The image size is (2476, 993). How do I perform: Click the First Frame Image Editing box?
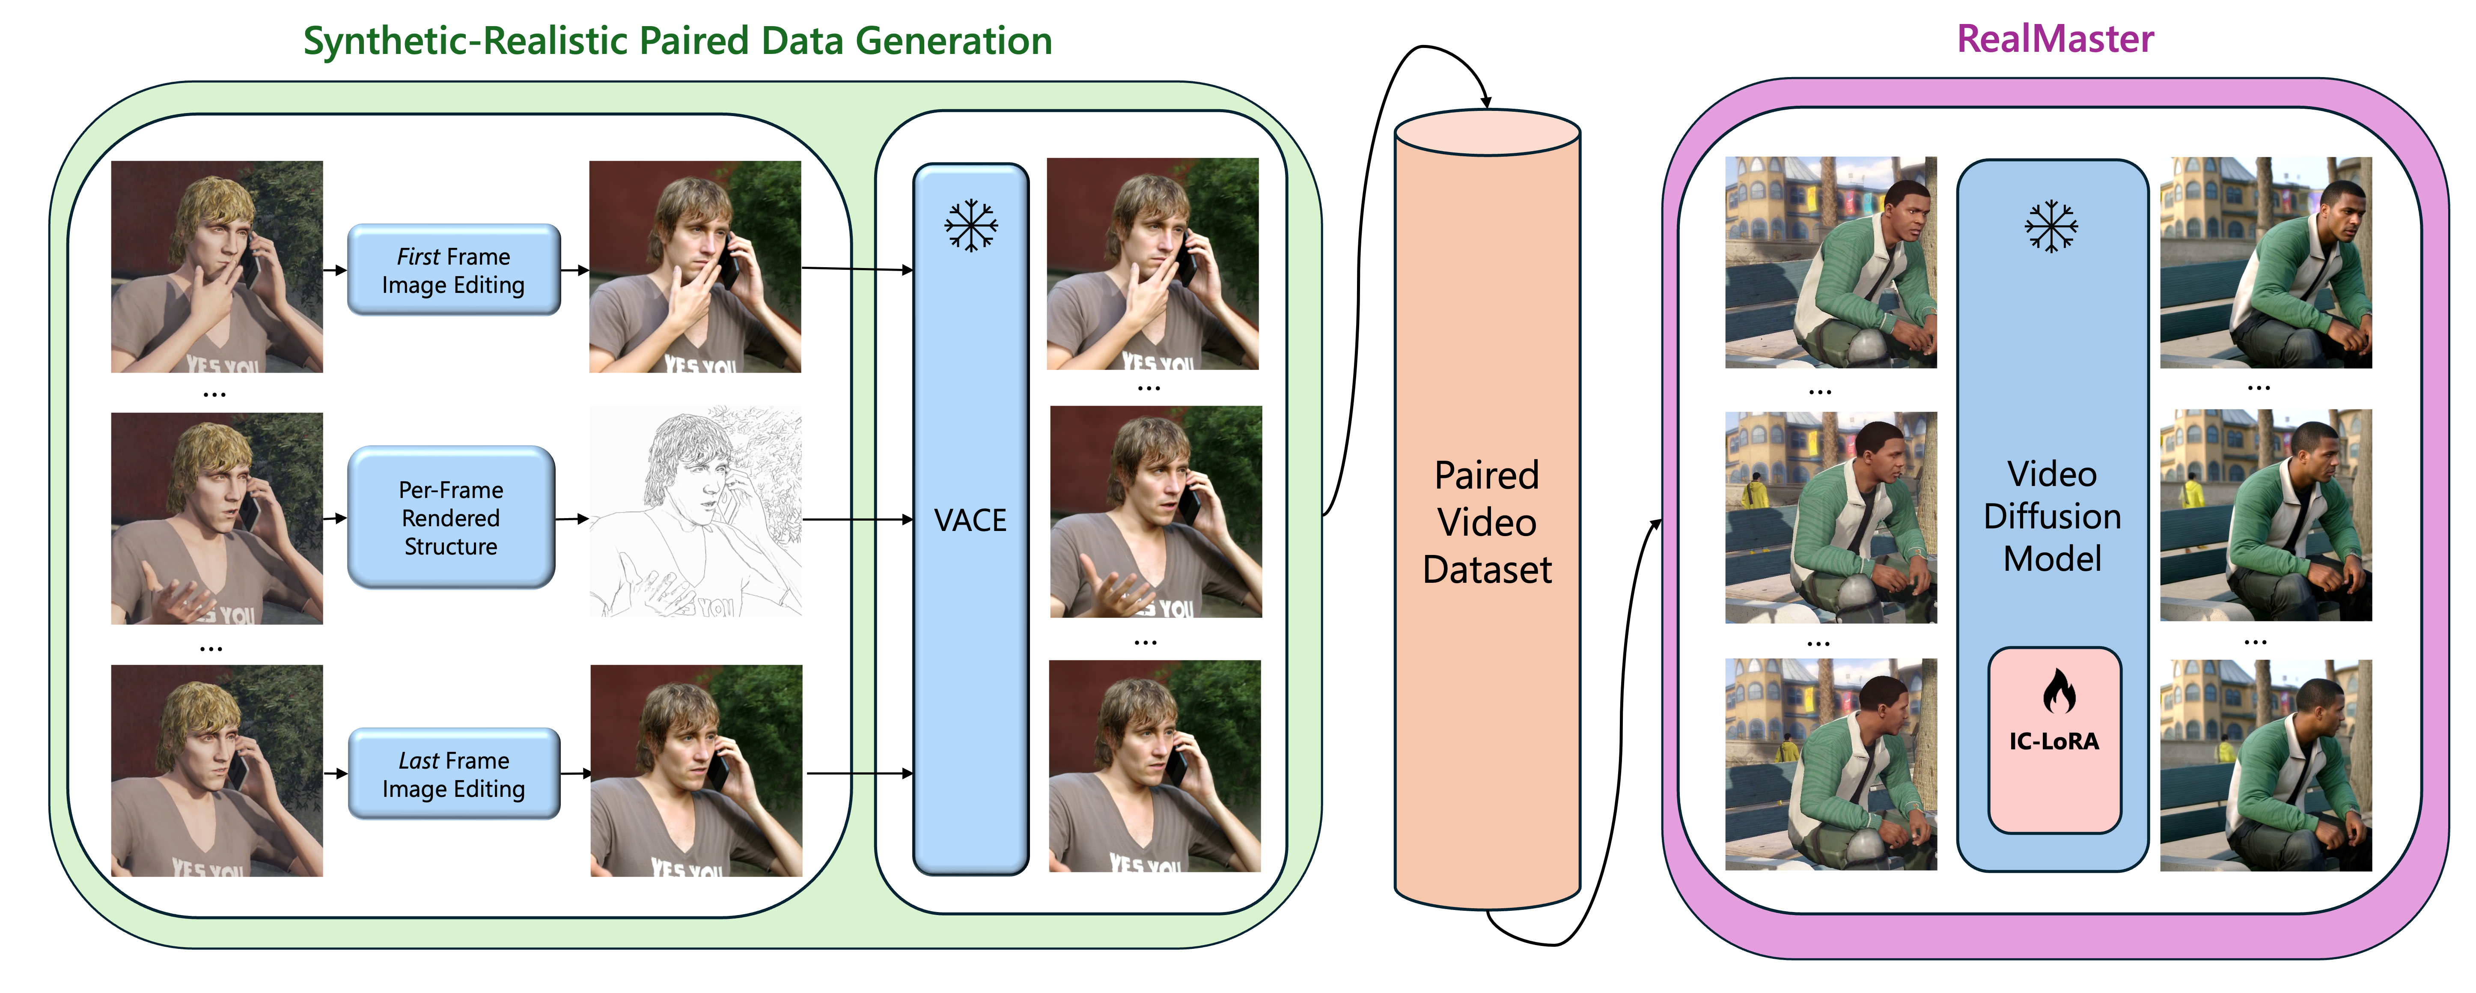click(454, 270)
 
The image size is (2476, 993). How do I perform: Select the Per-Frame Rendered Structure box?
click(451, 518)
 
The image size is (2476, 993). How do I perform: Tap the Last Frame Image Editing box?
click(454, 774)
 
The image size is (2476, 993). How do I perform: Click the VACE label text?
click(970, 520)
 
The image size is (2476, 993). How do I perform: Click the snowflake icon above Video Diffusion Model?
click(2051, 227)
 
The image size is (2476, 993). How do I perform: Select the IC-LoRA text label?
click(2054, 741)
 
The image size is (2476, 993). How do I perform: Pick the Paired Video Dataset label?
click(1487, 522)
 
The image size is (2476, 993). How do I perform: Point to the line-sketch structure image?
click(695, 511)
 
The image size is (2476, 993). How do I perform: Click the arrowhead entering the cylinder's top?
click(1486, 102)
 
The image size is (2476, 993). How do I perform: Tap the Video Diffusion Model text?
click(2052, 516)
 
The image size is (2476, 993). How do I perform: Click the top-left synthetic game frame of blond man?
click(217, 266)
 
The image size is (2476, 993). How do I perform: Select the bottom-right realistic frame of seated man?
click(2265, 765)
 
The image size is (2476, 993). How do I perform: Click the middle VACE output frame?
click(1155, 511)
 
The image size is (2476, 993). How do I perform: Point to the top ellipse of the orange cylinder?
click(1487, 133)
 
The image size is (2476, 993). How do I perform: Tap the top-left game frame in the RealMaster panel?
click(1830, 262)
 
